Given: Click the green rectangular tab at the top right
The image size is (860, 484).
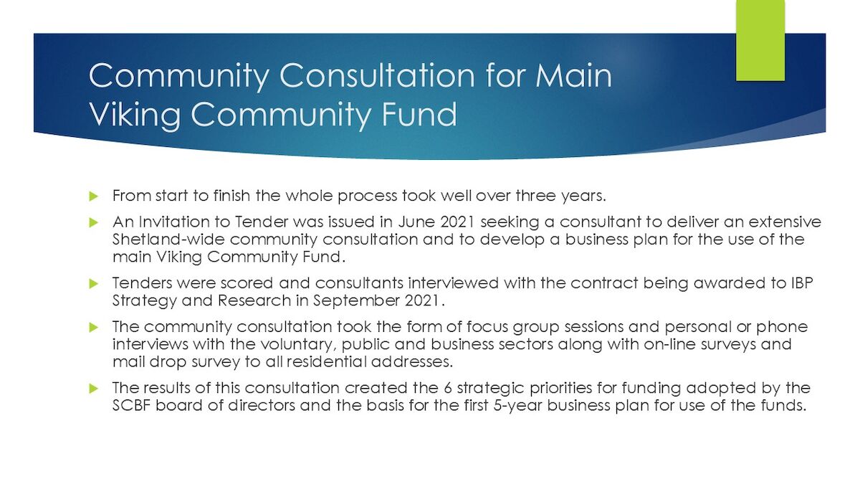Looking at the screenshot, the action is click(x=760, y=40).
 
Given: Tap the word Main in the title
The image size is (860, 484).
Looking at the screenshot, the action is click(x=573, y=75).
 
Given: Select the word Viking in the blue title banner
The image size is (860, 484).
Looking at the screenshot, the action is click(x=135, y=115).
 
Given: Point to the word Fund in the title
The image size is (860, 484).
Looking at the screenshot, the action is click(x=419, y=114).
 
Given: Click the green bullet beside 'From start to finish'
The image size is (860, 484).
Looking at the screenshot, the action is click(x=94, y=196).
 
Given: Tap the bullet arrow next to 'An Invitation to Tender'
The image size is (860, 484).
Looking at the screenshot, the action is click(x=94, y=222).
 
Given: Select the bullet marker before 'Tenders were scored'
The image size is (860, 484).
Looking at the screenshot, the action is click(x=94, y=284).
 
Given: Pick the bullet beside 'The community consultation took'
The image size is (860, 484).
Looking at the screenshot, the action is click(x=94, y=327).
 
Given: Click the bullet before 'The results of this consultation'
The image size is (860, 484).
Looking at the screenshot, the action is click(x=94, y=389).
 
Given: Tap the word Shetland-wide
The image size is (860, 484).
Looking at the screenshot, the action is click(x=168, y=239).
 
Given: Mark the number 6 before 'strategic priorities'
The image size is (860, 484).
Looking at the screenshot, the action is click(x=448, y=388).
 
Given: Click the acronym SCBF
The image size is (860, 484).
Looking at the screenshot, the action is click(x=132, y=406).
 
